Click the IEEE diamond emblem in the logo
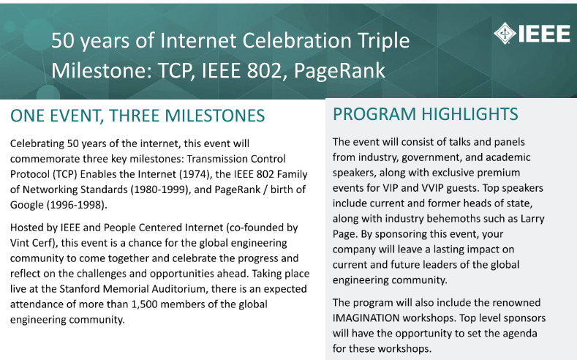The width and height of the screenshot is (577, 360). click(505, 33)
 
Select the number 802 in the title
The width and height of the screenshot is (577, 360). click(264, 70)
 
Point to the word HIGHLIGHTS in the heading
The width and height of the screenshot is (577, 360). click(469, 114)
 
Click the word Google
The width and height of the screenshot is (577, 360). click(27, 205)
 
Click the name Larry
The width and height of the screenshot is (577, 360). click(532, 219)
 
